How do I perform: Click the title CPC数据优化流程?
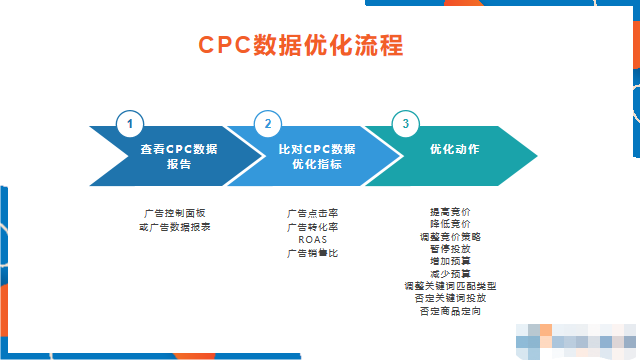point(300,46)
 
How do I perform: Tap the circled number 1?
point(129,124)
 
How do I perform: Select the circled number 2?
point(267,124)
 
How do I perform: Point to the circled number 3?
point(405,124)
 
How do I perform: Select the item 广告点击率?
point(312,214)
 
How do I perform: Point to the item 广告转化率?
point(312,227)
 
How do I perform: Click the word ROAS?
point(312,240)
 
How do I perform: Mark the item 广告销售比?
point(312,253)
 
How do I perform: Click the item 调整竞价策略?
point(449,237)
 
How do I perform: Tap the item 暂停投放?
point(449,249)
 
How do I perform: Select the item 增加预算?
point(449,261)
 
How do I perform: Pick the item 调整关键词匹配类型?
point(449,286)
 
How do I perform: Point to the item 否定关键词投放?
point(449,298)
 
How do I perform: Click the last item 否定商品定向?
point(449,311)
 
